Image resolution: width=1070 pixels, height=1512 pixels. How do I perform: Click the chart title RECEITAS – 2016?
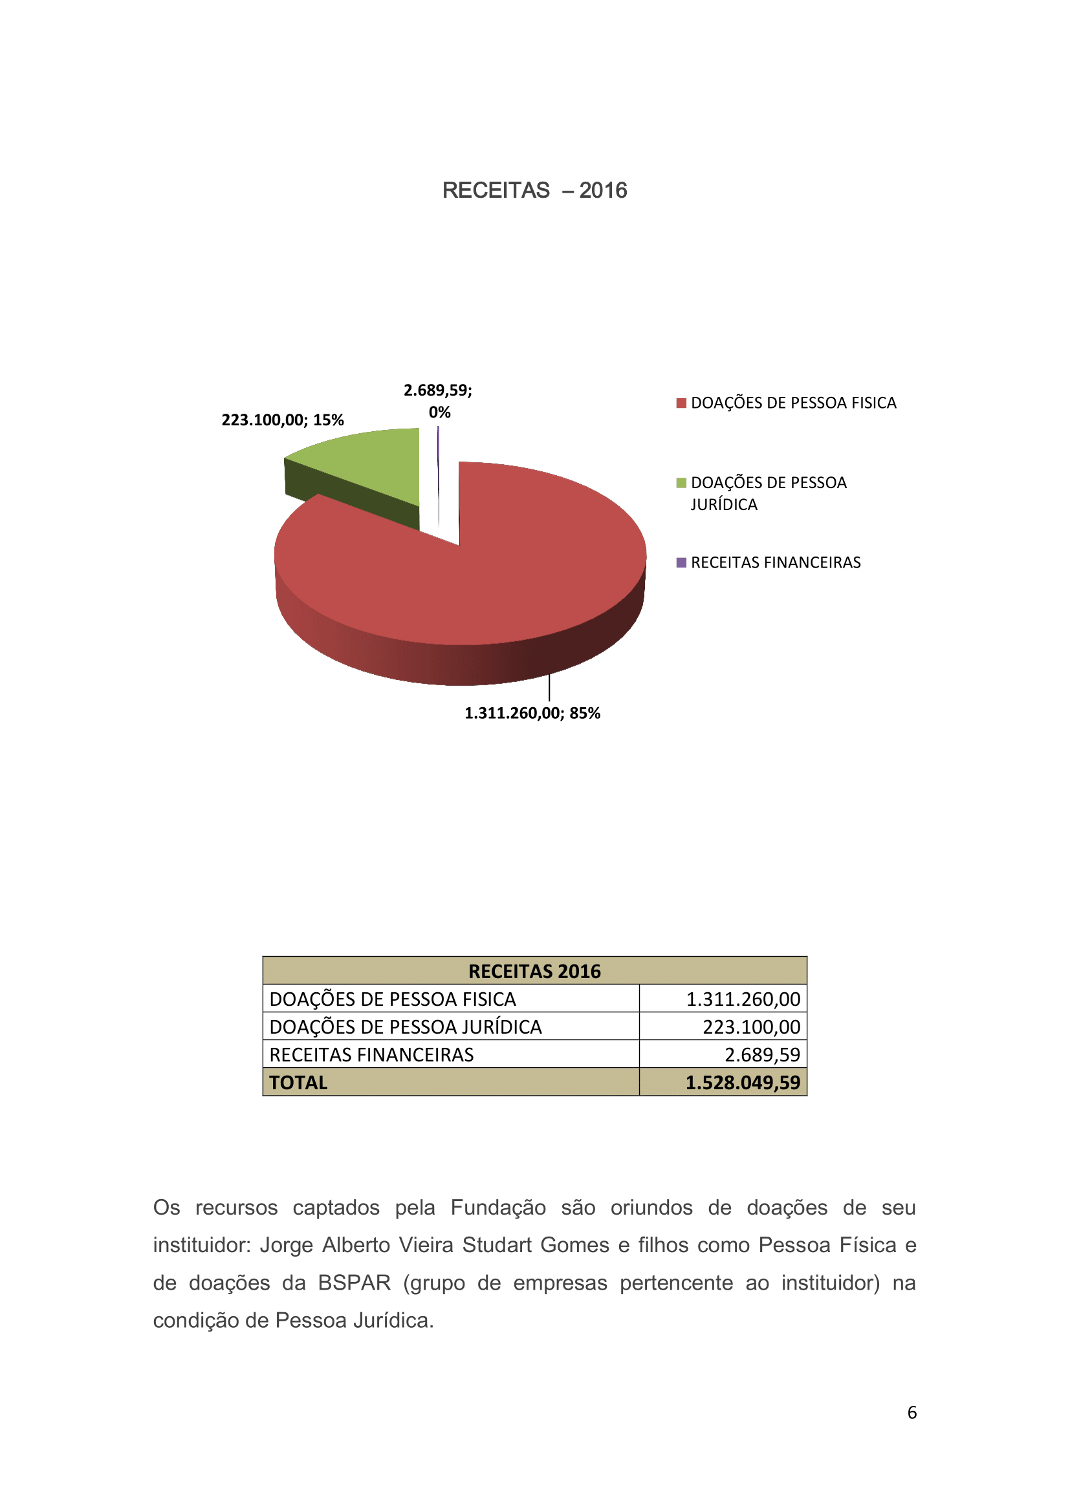(x=534, y=190)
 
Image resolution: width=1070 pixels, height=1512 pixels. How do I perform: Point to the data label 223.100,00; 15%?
(x=283, y=420)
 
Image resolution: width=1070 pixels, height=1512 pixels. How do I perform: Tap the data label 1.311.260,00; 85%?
(x=532, y=713)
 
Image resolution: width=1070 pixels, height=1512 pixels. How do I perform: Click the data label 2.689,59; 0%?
(x=438, y=400)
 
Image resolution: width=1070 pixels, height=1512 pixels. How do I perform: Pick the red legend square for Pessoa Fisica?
(x=681, y=403)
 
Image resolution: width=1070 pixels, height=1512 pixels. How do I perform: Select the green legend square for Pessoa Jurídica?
(x=681, y=483)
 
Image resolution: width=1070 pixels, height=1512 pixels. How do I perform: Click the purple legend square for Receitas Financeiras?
(x=681, y=562)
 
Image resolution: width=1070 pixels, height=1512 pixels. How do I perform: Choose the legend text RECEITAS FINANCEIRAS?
(x=776, y=562)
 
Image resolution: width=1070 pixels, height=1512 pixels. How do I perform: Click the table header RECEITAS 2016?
(x=534, y=972)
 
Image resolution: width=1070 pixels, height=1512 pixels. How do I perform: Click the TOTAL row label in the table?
(x=298, y=1083)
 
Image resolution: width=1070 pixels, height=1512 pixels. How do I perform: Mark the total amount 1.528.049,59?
(x=743, y=1083)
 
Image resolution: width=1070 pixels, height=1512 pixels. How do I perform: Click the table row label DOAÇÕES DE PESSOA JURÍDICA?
(x=405, y=1027)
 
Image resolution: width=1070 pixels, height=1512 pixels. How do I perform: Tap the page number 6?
(x=912, y=1412)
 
